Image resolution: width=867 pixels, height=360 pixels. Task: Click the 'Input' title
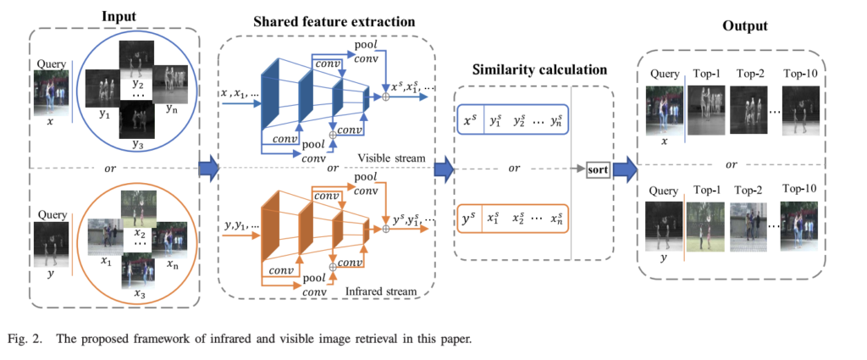pos(119,16)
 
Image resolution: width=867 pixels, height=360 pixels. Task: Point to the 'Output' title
pos(744,26)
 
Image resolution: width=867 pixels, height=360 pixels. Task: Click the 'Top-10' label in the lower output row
pos(799,188)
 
